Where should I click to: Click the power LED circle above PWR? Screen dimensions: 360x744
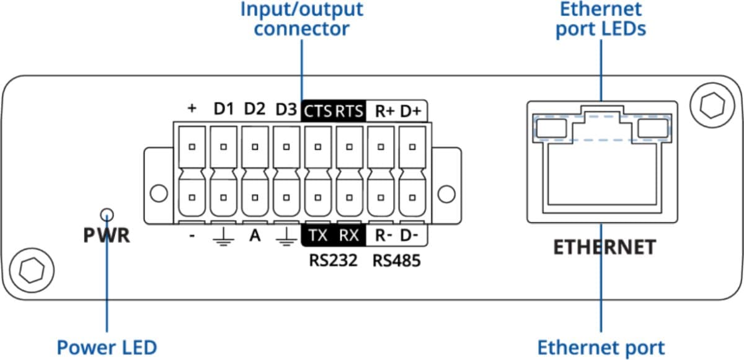click(108, 214)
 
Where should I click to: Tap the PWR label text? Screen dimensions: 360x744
click(107, 236)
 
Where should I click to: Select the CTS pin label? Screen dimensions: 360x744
click(317, 111)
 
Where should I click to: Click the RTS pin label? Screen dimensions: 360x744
click(350, 111)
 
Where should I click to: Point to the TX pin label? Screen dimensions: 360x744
click(318, 235)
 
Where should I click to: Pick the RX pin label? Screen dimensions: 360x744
click(349, 235)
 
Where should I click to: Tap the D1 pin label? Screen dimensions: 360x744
click(223, 110)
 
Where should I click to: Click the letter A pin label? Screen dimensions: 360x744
click(254, 235)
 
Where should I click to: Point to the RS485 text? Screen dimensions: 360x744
click(396, 261)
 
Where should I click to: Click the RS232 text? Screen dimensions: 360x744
click(334, 261)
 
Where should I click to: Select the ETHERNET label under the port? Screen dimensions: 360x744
click(604, 247)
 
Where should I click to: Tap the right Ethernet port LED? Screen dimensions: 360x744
click(652, 128)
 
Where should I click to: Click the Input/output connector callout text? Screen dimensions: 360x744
click(301, 19)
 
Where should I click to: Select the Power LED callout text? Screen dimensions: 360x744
click(107, 347)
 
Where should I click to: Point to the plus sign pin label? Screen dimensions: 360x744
click(192, 109)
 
